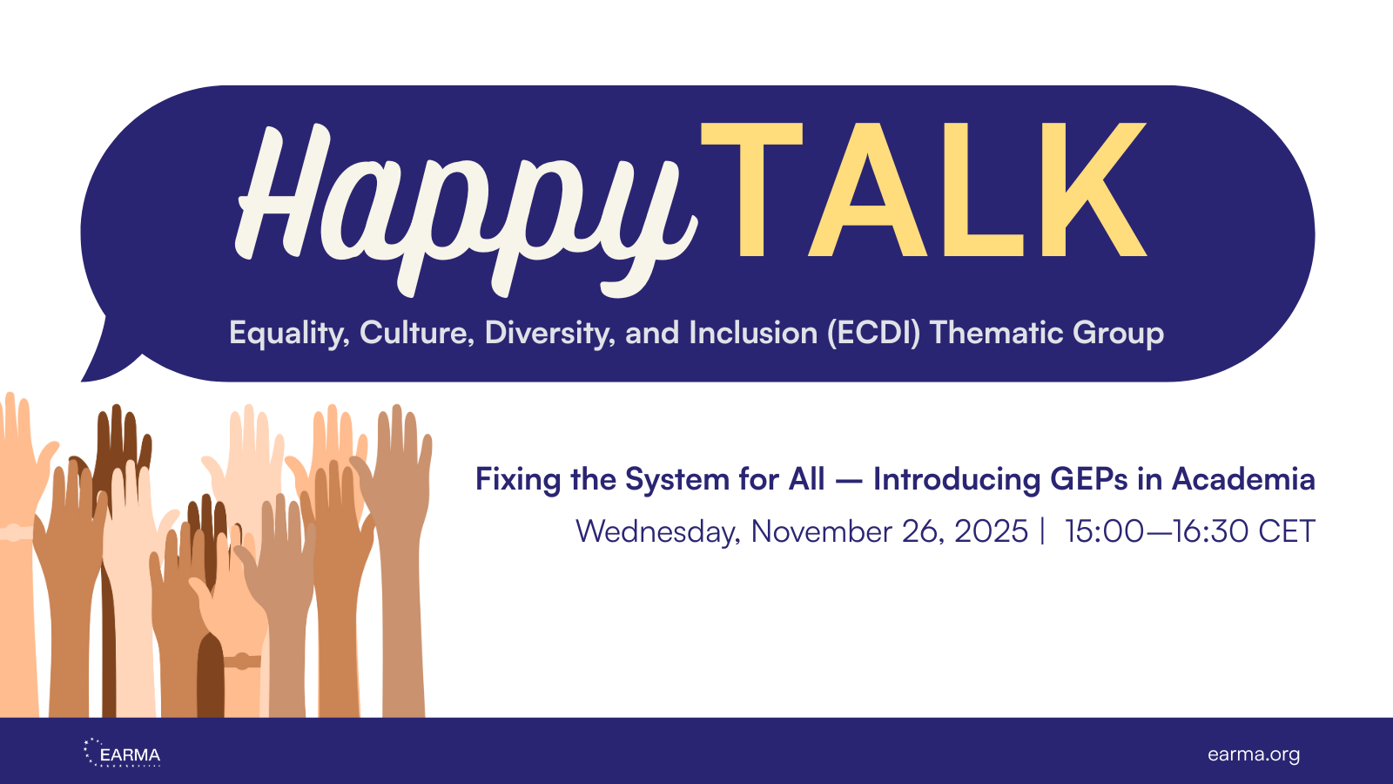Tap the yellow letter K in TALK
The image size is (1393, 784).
[x=1094, y=190]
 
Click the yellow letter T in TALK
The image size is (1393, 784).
[x=750, y=190]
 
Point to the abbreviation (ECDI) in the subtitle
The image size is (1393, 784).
[x=873, y=334]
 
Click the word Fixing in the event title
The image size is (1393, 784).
[x=517, y=480]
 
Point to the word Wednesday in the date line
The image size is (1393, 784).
[x=658, y=531]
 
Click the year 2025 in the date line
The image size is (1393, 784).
[x=991, y=531]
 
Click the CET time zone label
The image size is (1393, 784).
[x=1286, y=531]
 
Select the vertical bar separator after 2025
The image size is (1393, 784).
[x=1042, y=531]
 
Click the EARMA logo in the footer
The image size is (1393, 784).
[x=123, y=754]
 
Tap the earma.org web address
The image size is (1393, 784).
[x=1253, y=754]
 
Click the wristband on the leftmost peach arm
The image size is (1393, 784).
[x=15, y=532]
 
